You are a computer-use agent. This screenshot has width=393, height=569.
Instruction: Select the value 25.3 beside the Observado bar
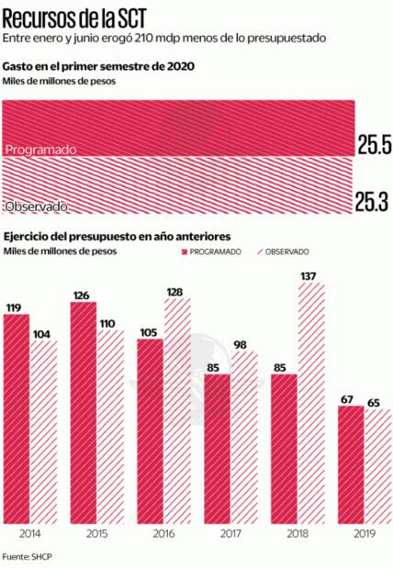pyautogui.click(x=374, y=199)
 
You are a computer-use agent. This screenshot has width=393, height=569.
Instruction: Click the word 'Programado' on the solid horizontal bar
pyautogui.click(x=39, y=148)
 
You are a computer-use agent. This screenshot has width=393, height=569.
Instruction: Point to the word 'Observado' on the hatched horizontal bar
pyautogui.click(x=38, y=205)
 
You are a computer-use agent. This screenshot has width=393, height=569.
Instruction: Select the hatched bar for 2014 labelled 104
pyautogui.click(x=43, y=430)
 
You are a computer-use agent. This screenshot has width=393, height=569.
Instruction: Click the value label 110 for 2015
pyautogui.click(x=109, y=324)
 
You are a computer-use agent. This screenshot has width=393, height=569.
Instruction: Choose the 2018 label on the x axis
pyautogui.click(x=297, y=532)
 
